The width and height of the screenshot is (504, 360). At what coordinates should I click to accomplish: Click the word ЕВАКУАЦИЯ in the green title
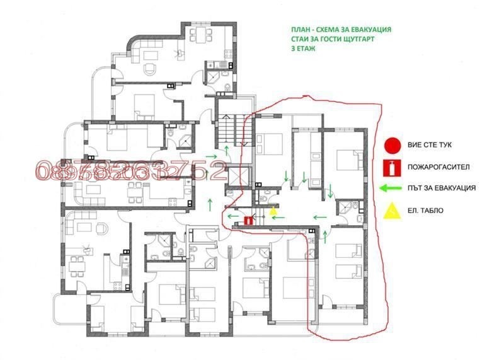(x=367, y=29)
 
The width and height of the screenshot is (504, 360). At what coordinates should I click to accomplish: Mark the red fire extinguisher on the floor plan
(x=248, y=221)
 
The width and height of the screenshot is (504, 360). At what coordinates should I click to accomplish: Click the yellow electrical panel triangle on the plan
(x=273, y=212)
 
